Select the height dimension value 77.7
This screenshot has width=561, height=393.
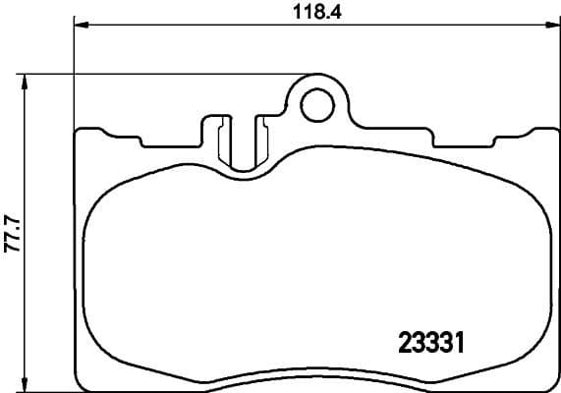click(11, 234)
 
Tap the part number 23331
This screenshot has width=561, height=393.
click(429, 343)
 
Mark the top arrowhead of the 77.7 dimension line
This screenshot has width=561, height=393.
click(27, 78)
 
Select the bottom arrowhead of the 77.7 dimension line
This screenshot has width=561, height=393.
click(27, 386)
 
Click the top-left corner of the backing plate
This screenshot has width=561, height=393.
click(79, 132)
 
